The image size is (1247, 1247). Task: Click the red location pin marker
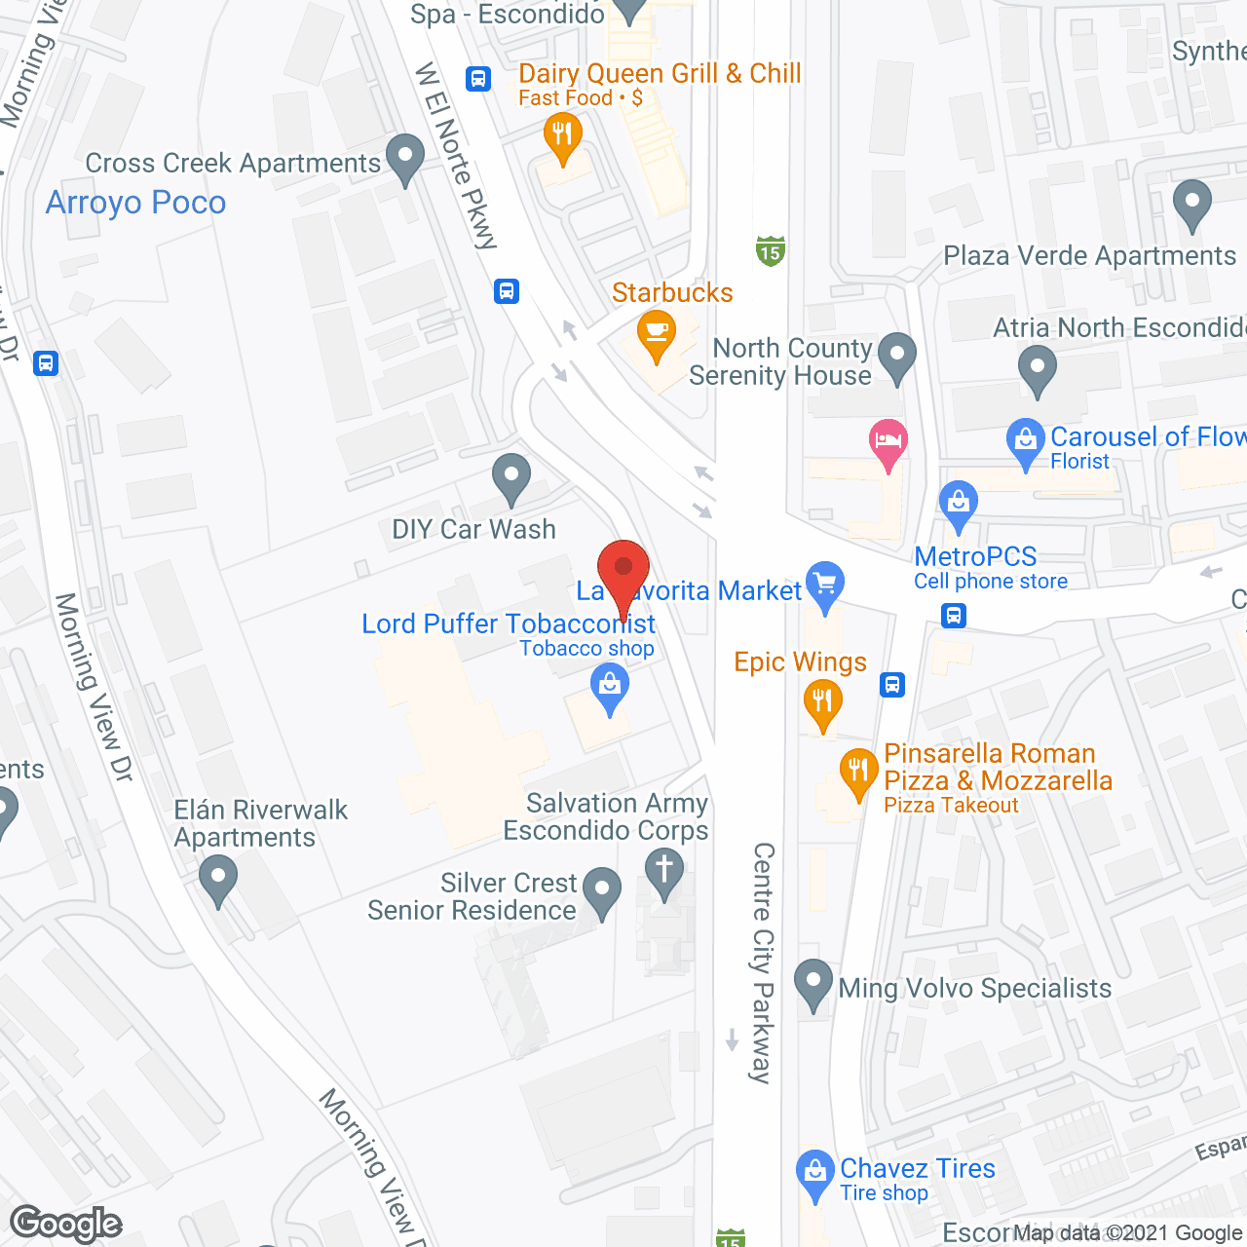pyautogui.click(x=623, y=571)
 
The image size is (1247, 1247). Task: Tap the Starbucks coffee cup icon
pyautogui.click(x=657, y=333)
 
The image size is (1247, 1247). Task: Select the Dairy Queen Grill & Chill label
pyautogui.click(x=660, y=74)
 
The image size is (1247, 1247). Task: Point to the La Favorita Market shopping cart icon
pyautogui.click(x=825, y=585)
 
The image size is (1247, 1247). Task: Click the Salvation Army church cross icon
pyautogui.click(x=664, y=868)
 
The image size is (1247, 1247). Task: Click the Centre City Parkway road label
pyautogui.click(x=763, y=963)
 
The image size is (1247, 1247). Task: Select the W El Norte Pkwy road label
pyautogui.click(x=456, y=156)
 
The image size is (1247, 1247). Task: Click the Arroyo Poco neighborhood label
pyautogui.click(x=136, y=203)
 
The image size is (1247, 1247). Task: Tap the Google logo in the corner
pyautogui.click(x=66, y=1224)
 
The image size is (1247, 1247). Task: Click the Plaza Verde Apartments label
pyautogui.click(x=1089, y=256)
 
